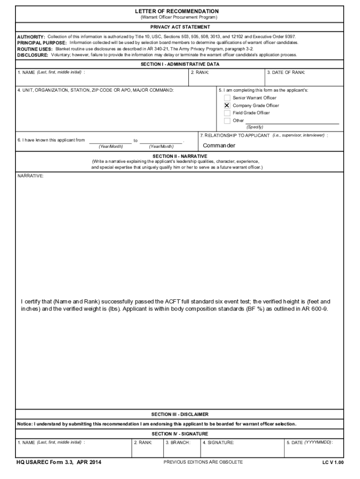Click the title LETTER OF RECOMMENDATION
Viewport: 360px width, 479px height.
(180, 11)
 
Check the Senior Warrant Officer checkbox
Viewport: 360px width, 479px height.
(227, 98)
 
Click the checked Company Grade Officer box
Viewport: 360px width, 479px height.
(227, 105)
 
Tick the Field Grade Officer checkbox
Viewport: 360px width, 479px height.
(227, 113)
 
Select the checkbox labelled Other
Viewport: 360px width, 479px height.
(227, 121)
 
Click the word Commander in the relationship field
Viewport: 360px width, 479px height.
(219, 145)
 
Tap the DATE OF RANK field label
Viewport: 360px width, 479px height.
(286, 73)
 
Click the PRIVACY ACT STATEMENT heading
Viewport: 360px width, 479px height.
(180, 27)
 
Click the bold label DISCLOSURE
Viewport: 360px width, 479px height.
(33, 55)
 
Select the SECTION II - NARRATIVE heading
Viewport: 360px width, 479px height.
(180, 156)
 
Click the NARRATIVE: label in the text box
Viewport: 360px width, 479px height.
(31, 176)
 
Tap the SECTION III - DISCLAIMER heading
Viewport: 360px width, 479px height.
(180, 414)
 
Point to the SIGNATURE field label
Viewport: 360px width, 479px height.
(218, 442)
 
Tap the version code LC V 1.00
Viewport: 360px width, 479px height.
(332, 463)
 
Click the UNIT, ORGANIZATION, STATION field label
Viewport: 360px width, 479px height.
(95, 89)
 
